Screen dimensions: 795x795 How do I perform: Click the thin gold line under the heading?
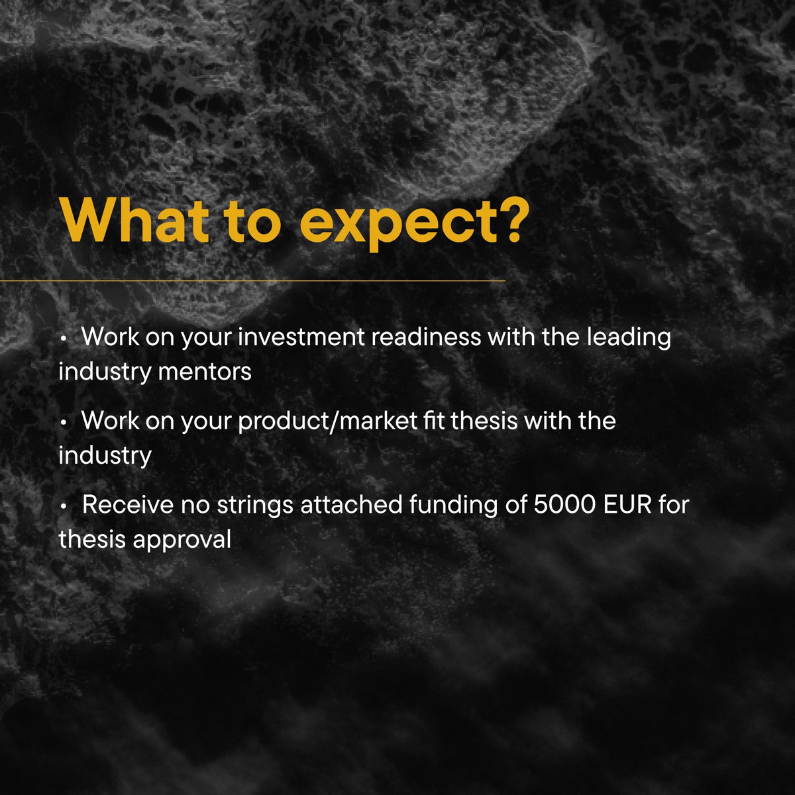[252, 281]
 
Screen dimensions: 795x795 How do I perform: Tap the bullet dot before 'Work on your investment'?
[63, 339]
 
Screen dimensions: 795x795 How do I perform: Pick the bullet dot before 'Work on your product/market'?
[63, 422]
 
